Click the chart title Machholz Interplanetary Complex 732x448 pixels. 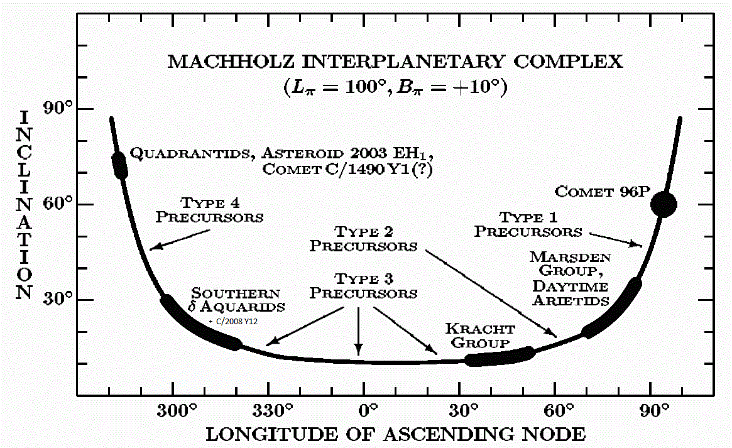coord(395,62)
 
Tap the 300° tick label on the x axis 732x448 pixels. coord(177,411)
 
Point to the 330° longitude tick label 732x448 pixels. coord(272,411)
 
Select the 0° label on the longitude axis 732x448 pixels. coord(368,411)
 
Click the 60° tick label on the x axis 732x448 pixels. coord(559,411)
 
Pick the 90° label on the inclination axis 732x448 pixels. coord(58,108)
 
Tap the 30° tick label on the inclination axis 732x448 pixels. coord(58,298)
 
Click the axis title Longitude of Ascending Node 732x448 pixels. coord(395,434)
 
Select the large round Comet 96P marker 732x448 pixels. coord(664,204)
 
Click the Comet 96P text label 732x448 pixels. coord(602,192)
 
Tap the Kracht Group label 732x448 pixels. coord(480,336)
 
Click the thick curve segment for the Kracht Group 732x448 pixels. coord(500,357)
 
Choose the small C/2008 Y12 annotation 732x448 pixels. coord(233,322)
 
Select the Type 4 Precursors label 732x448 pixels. coord(210,210)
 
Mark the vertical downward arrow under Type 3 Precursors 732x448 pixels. coord(358,331)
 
